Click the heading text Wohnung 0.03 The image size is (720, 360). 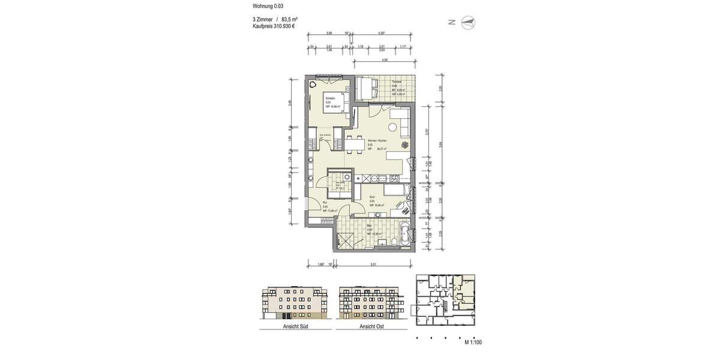pyautogui.click(x=268, y=6)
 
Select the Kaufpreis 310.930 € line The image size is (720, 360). pyautogui.click(x=274, y=26)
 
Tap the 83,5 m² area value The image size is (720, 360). pyautogui.click(x=290, y=20)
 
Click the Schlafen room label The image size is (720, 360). pyautogui.click(x=330, y=98)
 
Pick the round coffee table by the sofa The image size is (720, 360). pyautogui.click(x=392, y=127)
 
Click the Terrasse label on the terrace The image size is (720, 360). pyautogui.click(x=397, y=82)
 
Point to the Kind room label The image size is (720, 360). pyautogui.click(x=373, y=197)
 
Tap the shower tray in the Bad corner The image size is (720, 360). pyautogui.click(x=346, y=239)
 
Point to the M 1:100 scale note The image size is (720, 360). pyautogui.click(x=473, y=342)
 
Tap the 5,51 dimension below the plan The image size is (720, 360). pyautogui.click(x=373, y=264)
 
